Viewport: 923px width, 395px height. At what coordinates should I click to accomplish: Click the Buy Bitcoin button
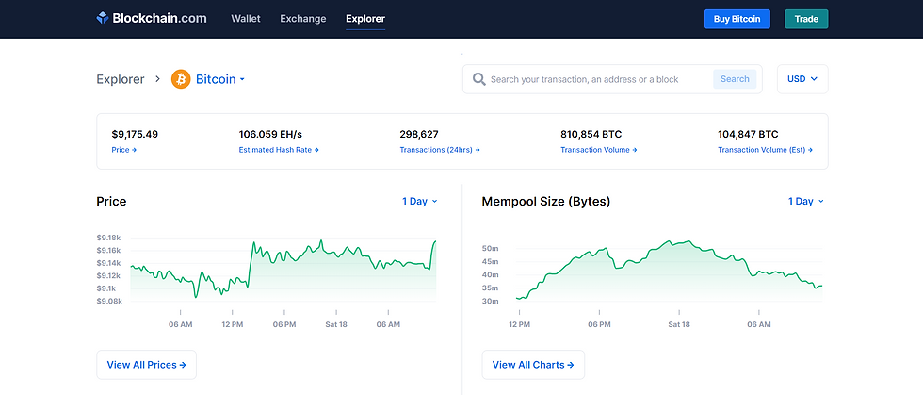click(x=737, y=19)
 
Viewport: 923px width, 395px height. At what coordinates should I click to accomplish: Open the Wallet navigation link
click(x=246, y=19)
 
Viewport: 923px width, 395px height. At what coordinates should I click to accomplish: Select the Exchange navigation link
click(x=303, y=19)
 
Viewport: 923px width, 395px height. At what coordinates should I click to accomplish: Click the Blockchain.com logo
click(x=151, y=19)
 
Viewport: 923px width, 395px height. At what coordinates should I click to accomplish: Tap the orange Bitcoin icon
click(x=181, y=79)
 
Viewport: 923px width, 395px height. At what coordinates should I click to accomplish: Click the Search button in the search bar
click(x=735, y=79)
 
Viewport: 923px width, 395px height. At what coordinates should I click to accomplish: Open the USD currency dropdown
click(x=802, y=79)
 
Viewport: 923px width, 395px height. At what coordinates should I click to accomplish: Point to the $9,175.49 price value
click(x=135, y=134)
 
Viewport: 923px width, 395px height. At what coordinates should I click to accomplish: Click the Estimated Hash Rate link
click(x=279, y=150)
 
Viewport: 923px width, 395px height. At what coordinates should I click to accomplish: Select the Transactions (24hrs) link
click(x=440, y=150)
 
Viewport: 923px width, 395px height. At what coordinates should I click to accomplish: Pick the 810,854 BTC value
click(x=591, y=134)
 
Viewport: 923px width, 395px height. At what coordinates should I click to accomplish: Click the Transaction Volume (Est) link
click(x=765, y=150)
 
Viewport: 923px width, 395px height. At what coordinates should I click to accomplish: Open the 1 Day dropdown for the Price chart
click(x=419, y=201)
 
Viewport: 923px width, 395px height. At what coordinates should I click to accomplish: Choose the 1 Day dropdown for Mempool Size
click(x=805, y=201)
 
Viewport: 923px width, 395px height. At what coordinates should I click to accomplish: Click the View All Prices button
click(x=146, y=365)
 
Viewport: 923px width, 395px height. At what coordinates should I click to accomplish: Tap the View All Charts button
click(x=533, y=365)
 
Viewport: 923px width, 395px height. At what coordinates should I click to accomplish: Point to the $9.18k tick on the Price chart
click(x=108, y=238)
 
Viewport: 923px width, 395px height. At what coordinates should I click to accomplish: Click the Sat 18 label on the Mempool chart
click(x=680, y=324)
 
